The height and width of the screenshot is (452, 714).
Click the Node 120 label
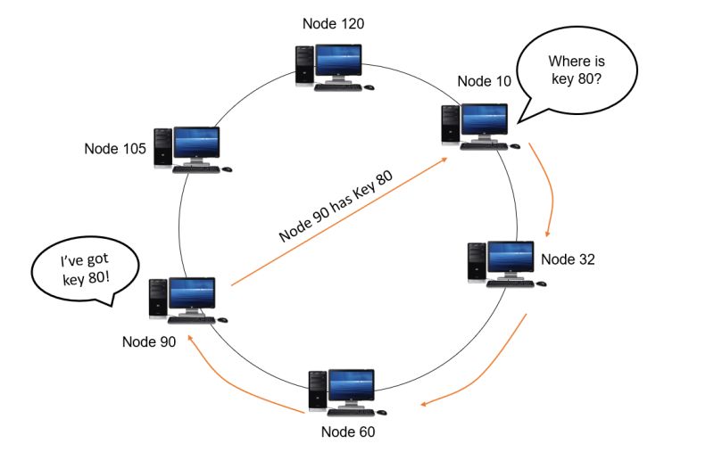334,24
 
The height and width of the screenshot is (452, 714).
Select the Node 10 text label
485,82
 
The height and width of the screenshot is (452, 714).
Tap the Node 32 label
568,260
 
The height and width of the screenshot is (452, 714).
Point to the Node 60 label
348,432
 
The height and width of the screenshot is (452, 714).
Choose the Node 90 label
149,341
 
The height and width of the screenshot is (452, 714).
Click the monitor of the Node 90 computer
191,295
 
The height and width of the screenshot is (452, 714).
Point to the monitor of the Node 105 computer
195,143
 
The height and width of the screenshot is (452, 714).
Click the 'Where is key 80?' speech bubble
580,72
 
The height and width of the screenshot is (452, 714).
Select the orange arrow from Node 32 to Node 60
486,366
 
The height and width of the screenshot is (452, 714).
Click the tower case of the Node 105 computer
162,147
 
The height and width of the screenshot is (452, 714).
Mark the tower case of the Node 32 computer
477,263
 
